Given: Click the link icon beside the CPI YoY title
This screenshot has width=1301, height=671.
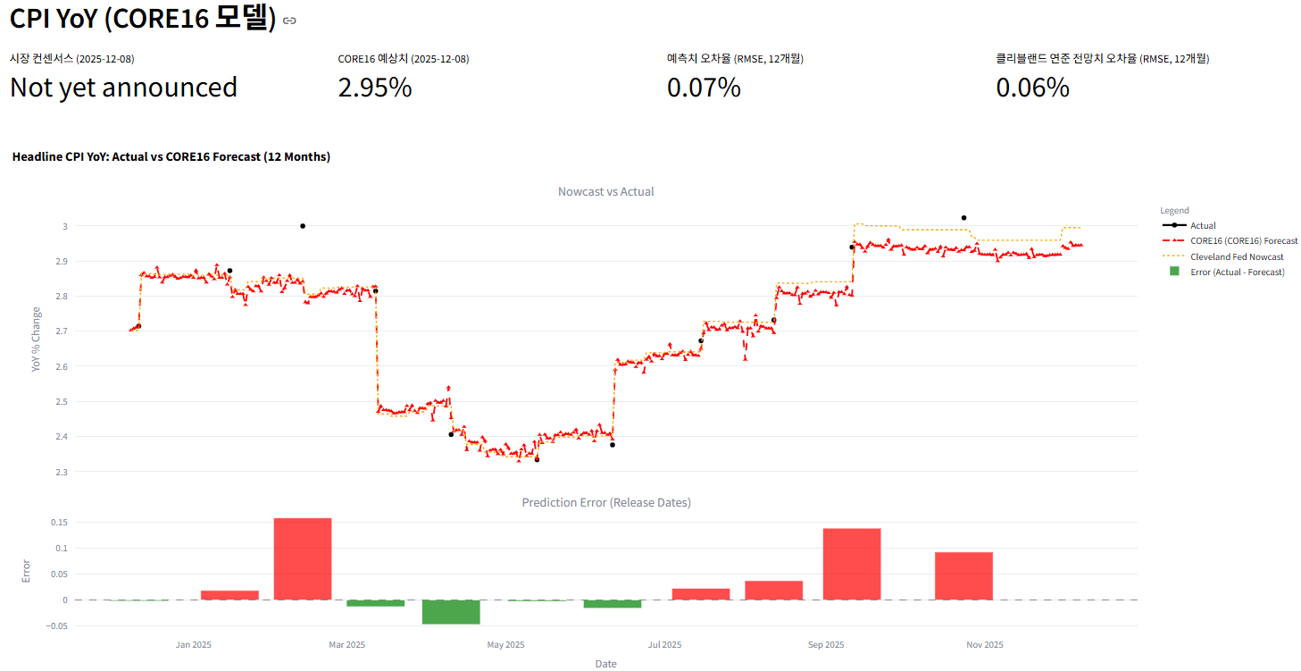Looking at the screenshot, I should [289, 21].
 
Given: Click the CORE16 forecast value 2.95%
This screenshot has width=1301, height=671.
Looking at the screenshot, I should [374, 88].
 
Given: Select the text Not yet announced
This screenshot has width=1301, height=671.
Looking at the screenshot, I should [123, 88].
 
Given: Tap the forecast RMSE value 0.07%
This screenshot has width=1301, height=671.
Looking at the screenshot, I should [703, 88].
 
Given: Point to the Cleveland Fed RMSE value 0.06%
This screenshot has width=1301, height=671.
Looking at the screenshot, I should [1032, 88].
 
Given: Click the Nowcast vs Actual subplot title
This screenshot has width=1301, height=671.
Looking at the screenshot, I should [605, 191].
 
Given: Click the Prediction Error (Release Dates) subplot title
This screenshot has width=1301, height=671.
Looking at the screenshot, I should [605, 502].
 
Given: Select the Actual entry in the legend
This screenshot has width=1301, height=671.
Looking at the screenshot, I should [1203, 226].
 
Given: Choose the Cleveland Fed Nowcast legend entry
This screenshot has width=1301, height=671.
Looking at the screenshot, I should [1237, 256].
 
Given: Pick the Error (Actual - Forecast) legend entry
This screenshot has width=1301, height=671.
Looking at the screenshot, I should [1237, 272].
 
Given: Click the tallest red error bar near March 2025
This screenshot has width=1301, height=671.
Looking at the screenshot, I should [303, 558].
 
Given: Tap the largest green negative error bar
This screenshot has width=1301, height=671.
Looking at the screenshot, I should [451, 612].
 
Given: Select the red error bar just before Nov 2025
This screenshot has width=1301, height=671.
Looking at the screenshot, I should [963, 576].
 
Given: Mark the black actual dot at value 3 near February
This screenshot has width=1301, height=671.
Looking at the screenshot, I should [303, 226].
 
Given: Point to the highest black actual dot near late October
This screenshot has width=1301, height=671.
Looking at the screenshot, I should [963, 218].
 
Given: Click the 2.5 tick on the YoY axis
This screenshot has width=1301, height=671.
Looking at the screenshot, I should [62, 402].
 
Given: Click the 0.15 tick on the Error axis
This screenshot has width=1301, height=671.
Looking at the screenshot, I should [58, 522].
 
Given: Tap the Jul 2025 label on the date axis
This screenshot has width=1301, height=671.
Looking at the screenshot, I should [664, 644].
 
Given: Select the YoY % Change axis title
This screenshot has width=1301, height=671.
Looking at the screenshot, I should [37, 339].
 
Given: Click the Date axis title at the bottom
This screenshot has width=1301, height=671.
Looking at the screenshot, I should [605, 664].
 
